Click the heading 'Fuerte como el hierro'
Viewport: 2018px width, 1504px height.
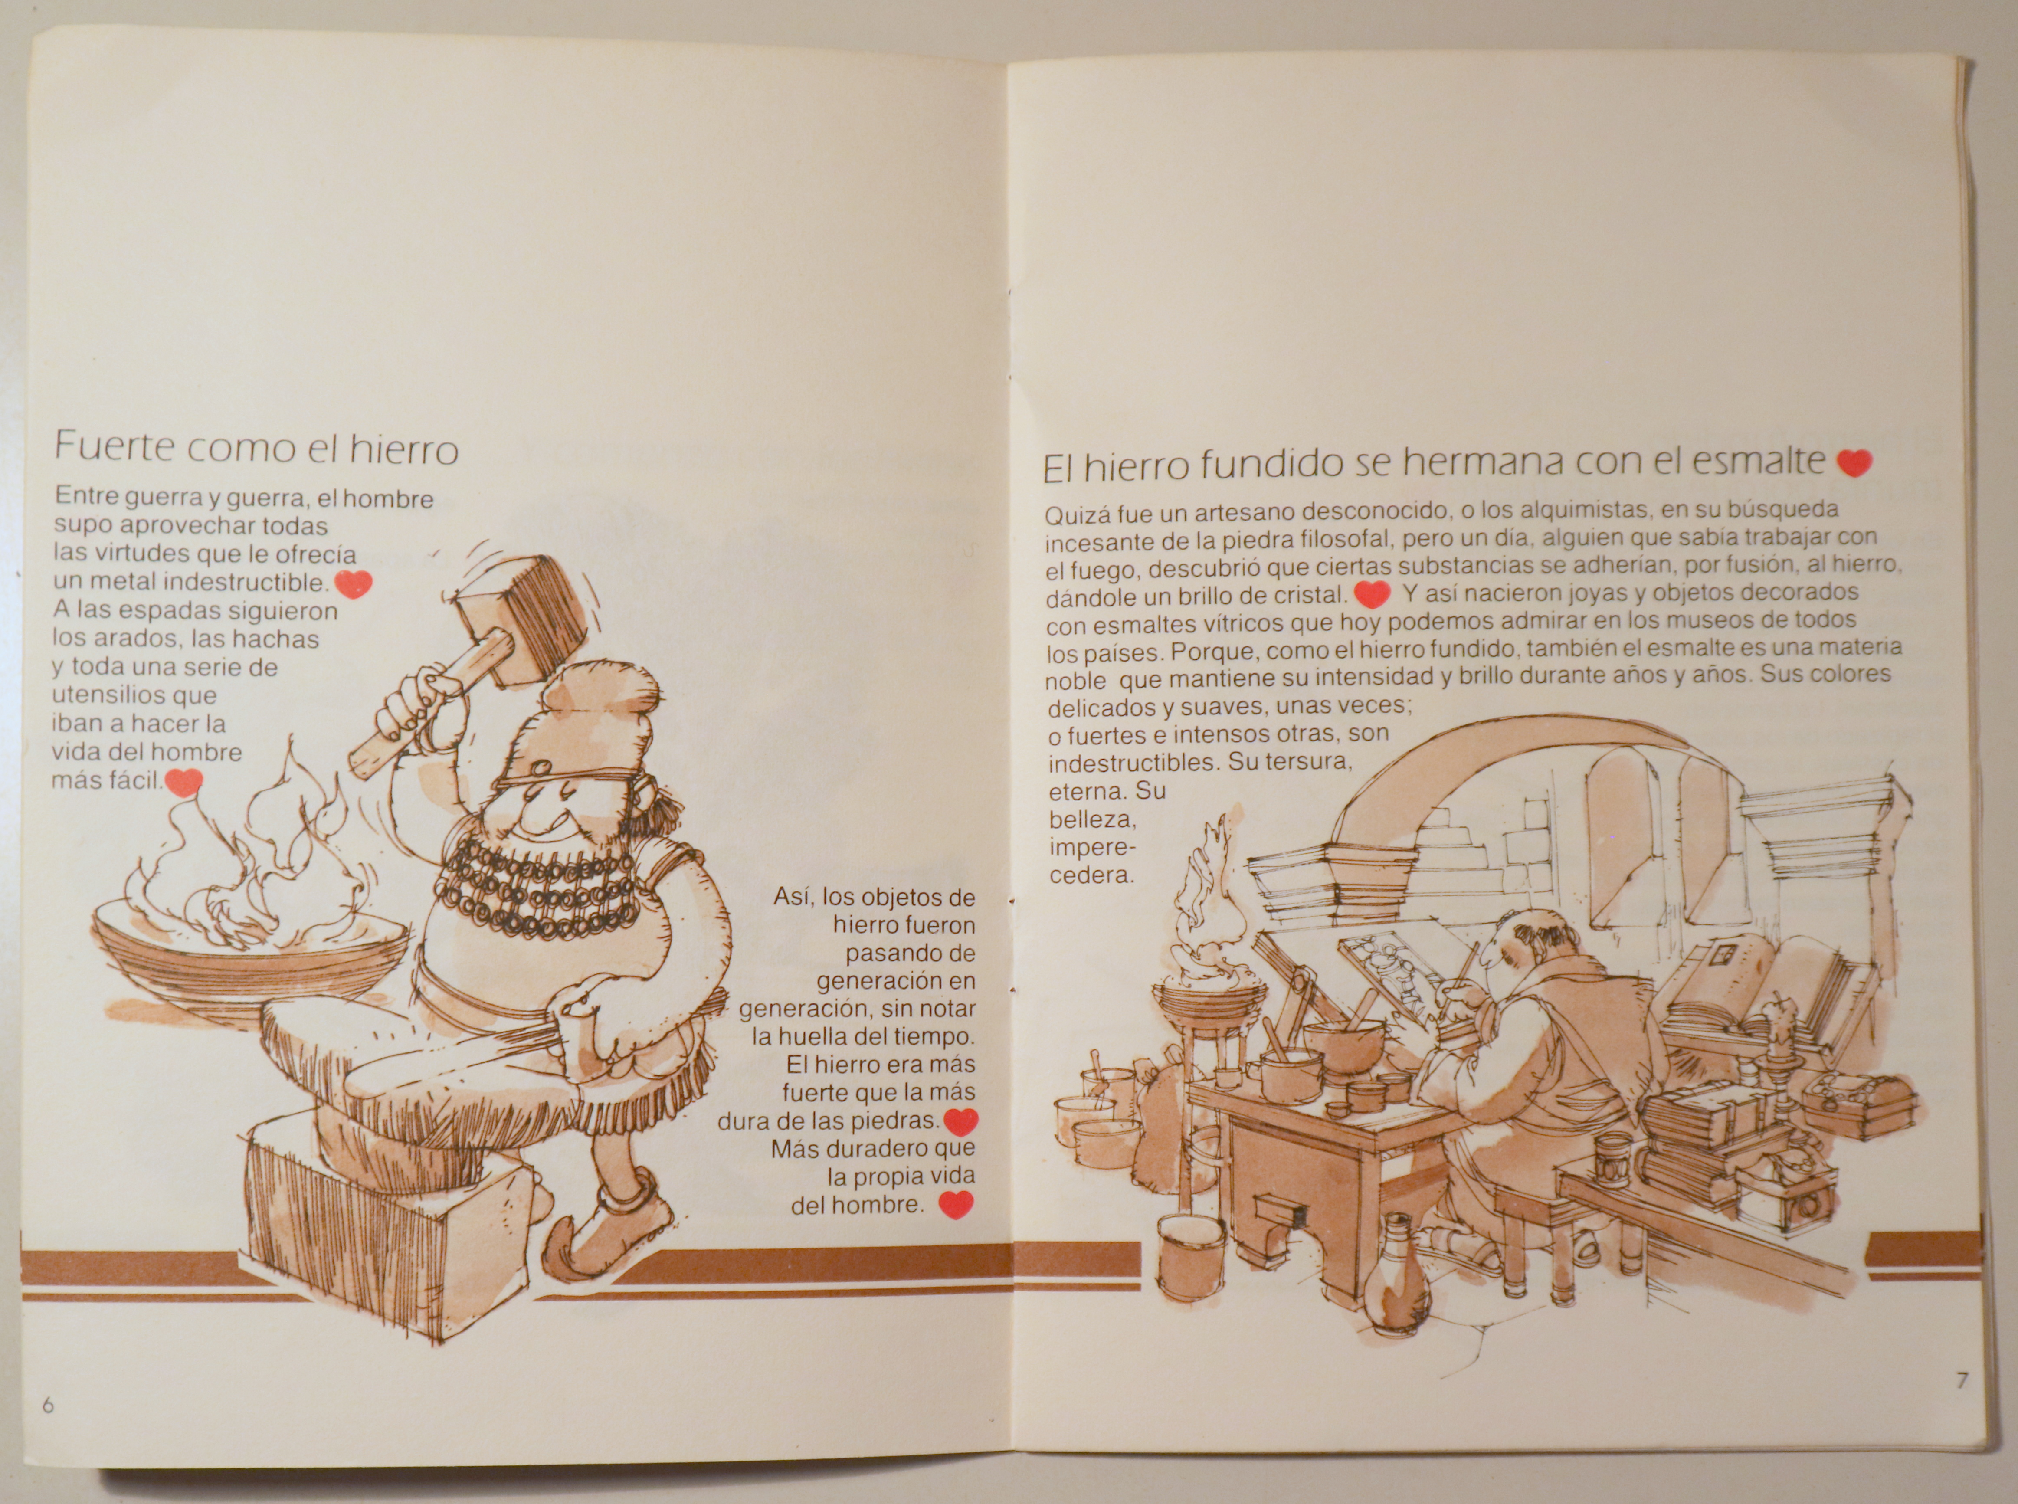tap(256, 448)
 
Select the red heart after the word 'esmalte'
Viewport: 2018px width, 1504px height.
tap(1853, 462)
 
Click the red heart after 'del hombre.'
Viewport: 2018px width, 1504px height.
tap(956, 1205)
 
